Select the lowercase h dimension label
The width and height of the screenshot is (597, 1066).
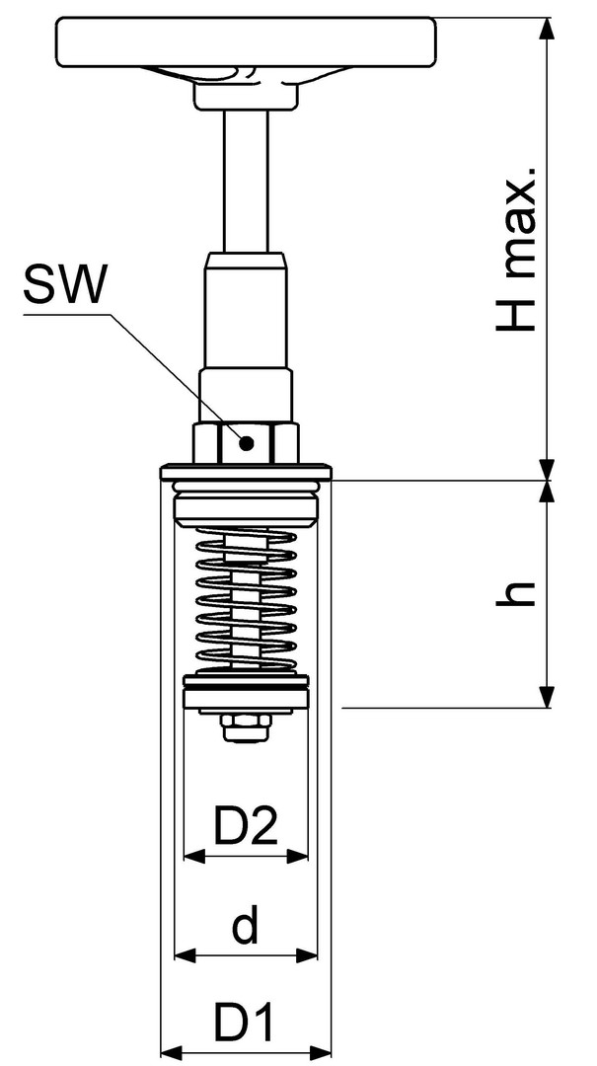[x=519, y=592]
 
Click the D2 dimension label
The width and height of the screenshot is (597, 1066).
[x=246, y=827]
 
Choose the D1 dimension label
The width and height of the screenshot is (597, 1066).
[x=246, y=1025]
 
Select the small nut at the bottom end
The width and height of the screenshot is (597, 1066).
[x=246, y=728]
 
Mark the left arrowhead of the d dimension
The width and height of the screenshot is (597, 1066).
[x=181, y=954]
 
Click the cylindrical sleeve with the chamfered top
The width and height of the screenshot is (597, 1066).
[x=246, y=306]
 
